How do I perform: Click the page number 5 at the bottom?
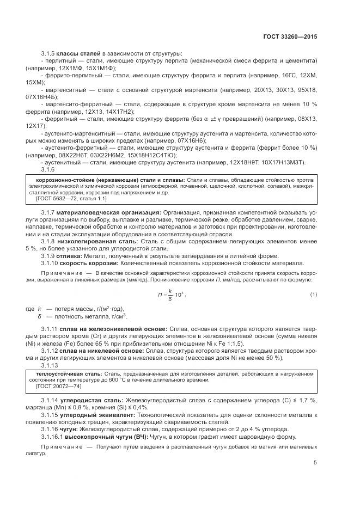click(315, 463)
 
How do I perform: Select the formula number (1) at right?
click(314, 295)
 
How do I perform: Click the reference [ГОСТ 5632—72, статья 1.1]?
click(63, 199)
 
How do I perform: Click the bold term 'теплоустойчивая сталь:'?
click(60, 373)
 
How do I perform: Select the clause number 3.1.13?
click(50, 365)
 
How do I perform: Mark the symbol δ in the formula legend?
click(40, 316)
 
